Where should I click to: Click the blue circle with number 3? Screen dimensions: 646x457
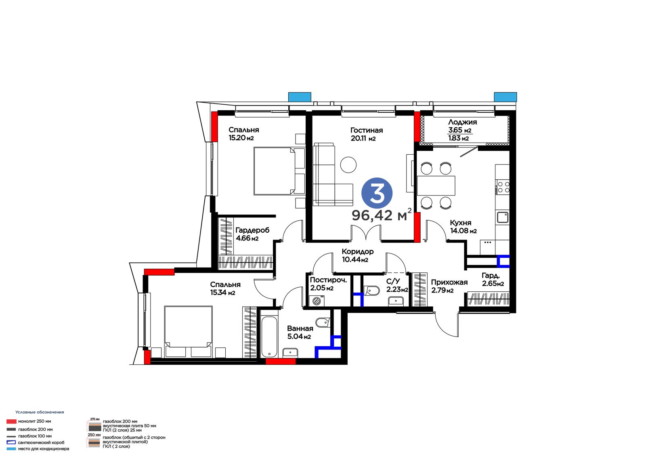[377, 193]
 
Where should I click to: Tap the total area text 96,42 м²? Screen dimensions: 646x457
[382, 215]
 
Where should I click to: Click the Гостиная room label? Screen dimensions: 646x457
[367, 130]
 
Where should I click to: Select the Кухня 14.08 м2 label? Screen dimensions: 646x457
[464, 227]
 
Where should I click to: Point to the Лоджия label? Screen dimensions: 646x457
[462, 122]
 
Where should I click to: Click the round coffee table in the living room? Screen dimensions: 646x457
[348, 165]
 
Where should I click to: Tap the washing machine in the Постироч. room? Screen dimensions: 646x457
[317, 301]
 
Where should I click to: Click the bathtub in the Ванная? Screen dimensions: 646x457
[269, 337]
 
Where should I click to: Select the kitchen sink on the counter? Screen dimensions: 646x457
[502, 217]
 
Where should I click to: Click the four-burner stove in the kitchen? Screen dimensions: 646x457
[502, 187]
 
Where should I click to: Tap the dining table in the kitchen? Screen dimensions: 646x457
[436, 185]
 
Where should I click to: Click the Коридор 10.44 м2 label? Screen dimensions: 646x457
[358, 255]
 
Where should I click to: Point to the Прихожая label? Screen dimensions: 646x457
[449, 282]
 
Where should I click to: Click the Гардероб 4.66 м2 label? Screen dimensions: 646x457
[252, 234]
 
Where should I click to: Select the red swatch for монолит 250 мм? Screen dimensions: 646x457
[11, 421]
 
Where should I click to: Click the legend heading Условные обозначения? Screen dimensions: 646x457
[40, 412]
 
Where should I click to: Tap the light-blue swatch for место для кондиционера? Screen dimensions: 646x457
[11, 449]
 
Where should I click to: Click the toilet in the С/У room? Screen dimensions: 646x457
[371, 291]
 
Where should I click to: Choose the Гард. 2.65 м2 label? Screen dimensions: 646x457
[493, 280]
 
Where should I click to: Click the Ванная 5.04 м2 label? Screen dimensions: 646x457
[300, 332]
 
